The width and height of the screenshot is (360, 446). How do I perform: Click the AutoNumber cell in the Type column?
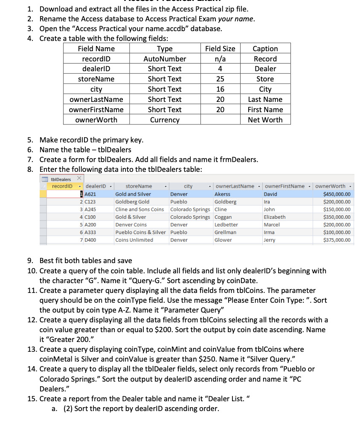pos(165,59)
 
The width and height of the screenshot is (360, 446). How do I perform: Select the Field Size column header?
pos(220,49)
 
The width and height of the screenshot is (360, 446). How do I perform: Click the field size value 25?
pos(220,79)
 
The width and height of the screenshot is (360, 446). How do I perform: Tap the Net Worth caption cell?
pos(265,120)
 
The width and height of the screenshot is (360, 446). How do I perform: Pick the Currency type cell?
pos(165,120)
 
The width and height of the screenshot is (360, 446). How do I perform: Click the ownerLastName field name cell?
pos(96,99)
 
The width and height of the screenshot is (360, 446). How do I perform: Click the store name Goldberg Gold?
pos(132,202)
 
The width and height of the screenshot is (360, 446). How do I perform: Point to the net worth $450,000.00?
pos(337,194)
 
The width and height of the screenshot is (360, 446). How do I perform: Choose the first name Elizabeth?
pos(275,217)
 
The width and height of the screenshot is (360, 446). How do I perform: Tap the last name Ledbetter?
pos(226,225)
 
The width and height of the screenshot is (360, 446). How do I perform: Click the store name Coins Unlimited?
pos(134,240)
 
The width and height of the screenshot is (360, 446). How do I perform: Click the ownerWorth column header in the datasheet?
pos(332,186)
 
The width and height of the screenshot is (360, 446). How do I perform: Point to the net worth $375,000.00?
pos(337,240)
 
